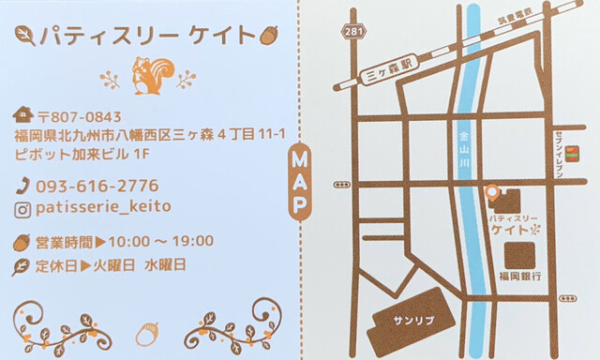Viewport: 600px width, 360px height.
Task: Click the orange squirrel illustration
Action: (x=151, y=76)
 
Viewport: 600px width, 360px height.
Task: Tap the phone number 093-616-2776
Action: (x=97, y=186)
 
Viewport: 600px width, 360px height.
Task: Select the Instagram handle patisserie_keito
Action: (x=103, y=206)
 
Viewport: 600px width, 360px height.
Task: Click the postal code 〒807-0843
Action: (x=79, y=117)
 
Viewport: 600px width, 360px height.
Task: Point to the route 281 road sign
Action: (x=352, y=32)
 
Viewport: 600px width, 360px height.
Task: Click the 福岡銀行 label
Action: (x=520, y=277)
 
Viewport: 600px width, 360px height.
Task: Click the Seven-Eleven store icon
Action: (x=571, y=153)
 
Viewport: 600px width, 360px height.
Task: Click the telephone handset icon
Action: (x=22, y=186)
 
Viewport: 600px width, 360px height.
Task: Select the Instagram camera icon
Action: (x=22, y=207)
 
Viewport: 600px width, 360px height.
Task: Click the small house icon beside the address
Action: (x=22, y=116)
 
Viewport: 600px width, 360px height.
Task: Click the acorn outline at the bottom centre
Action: (x=147, y=333)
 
